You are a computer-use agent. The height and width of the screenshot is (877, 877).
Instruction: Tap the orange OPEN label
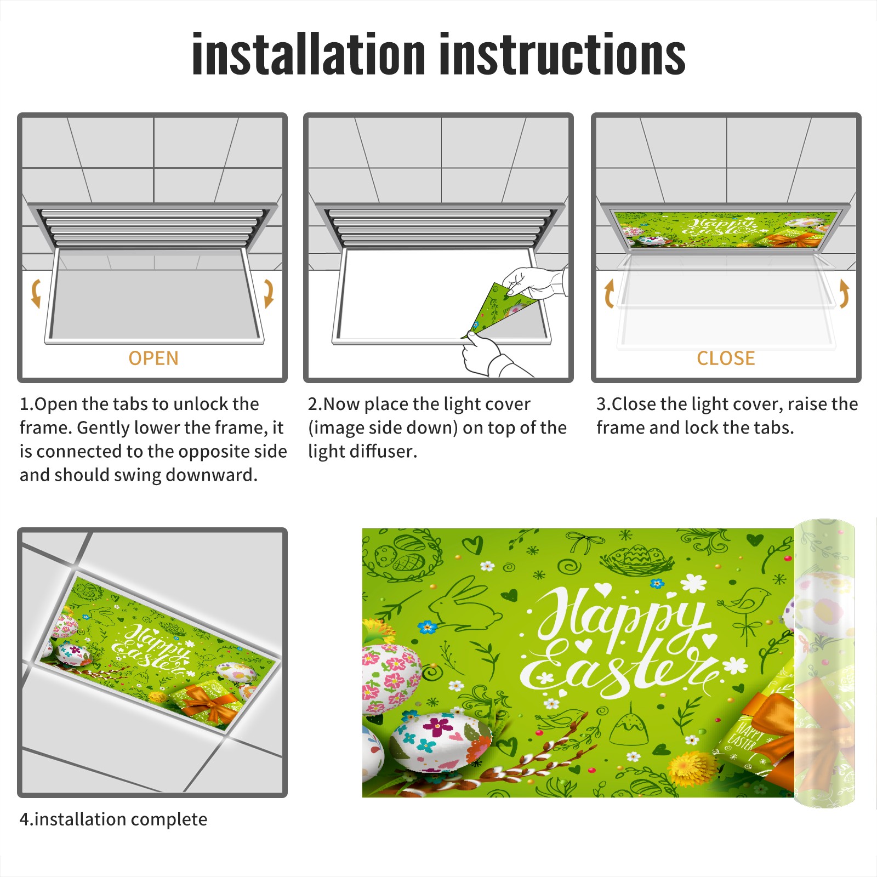tap(153, 358)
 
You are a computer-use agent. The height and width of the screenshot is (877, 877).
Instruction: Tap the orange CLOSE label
tap(726, 358)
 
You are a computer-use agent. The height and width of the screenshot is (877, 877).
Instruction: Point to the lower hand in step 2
tap(491, 355)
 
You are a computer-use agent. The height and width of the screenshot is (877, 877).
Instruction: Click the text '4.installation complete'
tap(113, 819)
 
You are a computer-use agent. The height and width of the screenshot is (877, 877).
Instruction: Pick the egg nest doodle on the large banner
tap(636, 559)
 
